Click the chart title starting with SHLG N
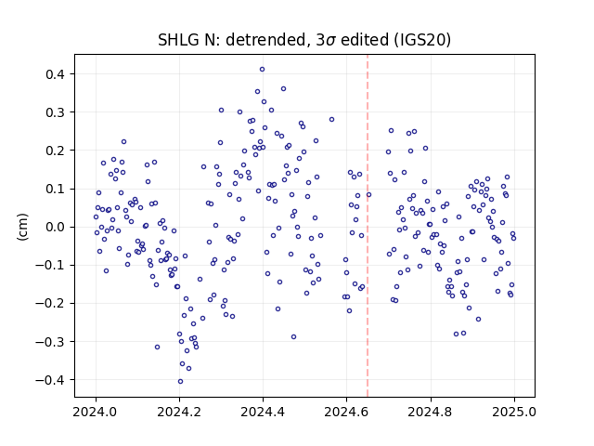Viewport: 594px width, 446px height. click(304, 40)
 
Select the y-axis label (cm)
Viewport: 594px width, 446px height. click(22, 227)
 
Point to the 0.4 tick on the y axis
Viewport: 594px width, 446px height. click(55, 74)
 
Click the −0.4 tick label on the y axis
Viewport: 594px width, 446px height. click(50, 380)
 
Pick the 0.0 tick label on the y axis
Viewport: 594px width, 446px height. click(55, 227)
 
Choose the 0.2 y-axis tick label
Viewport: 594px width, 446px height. click(55, 151)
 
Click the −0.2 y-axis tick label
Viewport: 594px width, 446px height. click(50, 304)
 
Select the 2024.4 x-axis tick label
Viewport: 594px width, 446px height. click(263, 412)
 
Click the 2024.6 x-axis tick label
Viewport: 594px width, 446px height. click(346, 412)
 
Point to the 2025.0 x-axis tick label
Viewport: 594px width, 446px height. click(514, 412)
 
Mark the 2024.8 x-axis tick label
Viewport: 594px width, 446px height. click(431, 412)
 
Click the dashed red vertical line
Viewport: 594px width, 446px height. click(368, 226)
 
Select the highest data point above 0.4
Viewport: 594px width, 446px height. click(262, 70)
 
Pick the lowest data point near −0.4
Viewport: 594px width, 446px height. click(180, 382)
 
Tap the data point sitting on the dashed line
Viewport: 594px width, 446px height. click(369, 195)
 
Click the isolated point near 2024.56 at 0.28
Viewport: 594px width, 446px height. click(332, 120)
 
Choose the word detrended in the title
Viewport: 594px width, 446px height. click(268, 40)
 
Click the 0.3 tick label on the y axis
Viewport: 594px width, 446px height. click(55, 112)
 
